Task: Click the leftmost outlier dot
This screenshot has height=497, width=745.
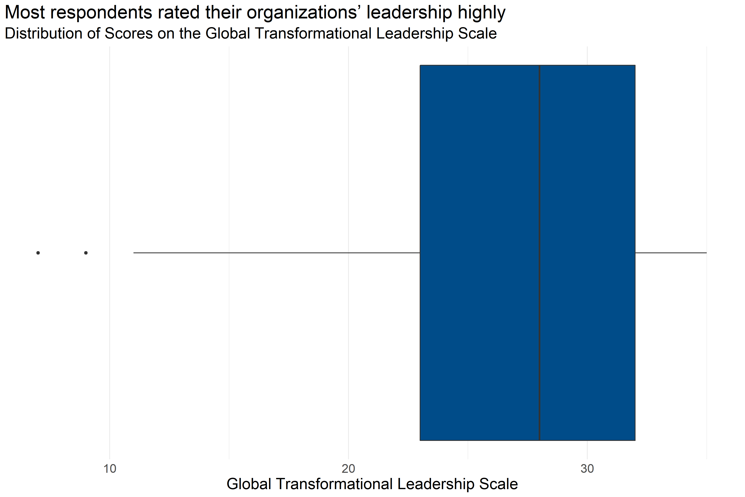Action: pyautogui.click(x=38, y=253)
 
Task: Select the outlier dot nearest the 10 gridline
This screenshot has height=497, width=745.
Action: pyautogui.click(x=86, y=253)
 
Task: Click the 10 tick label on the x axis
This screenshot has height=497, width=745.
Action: pyautogui.click(x=110, y=468)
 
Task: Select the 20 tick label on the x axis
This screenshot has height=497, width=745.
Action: pyautogui.click(x=348, y=468)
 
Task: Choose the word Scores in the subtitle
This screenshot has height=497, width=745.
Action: pyautogui.click(x=129, y=33)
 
